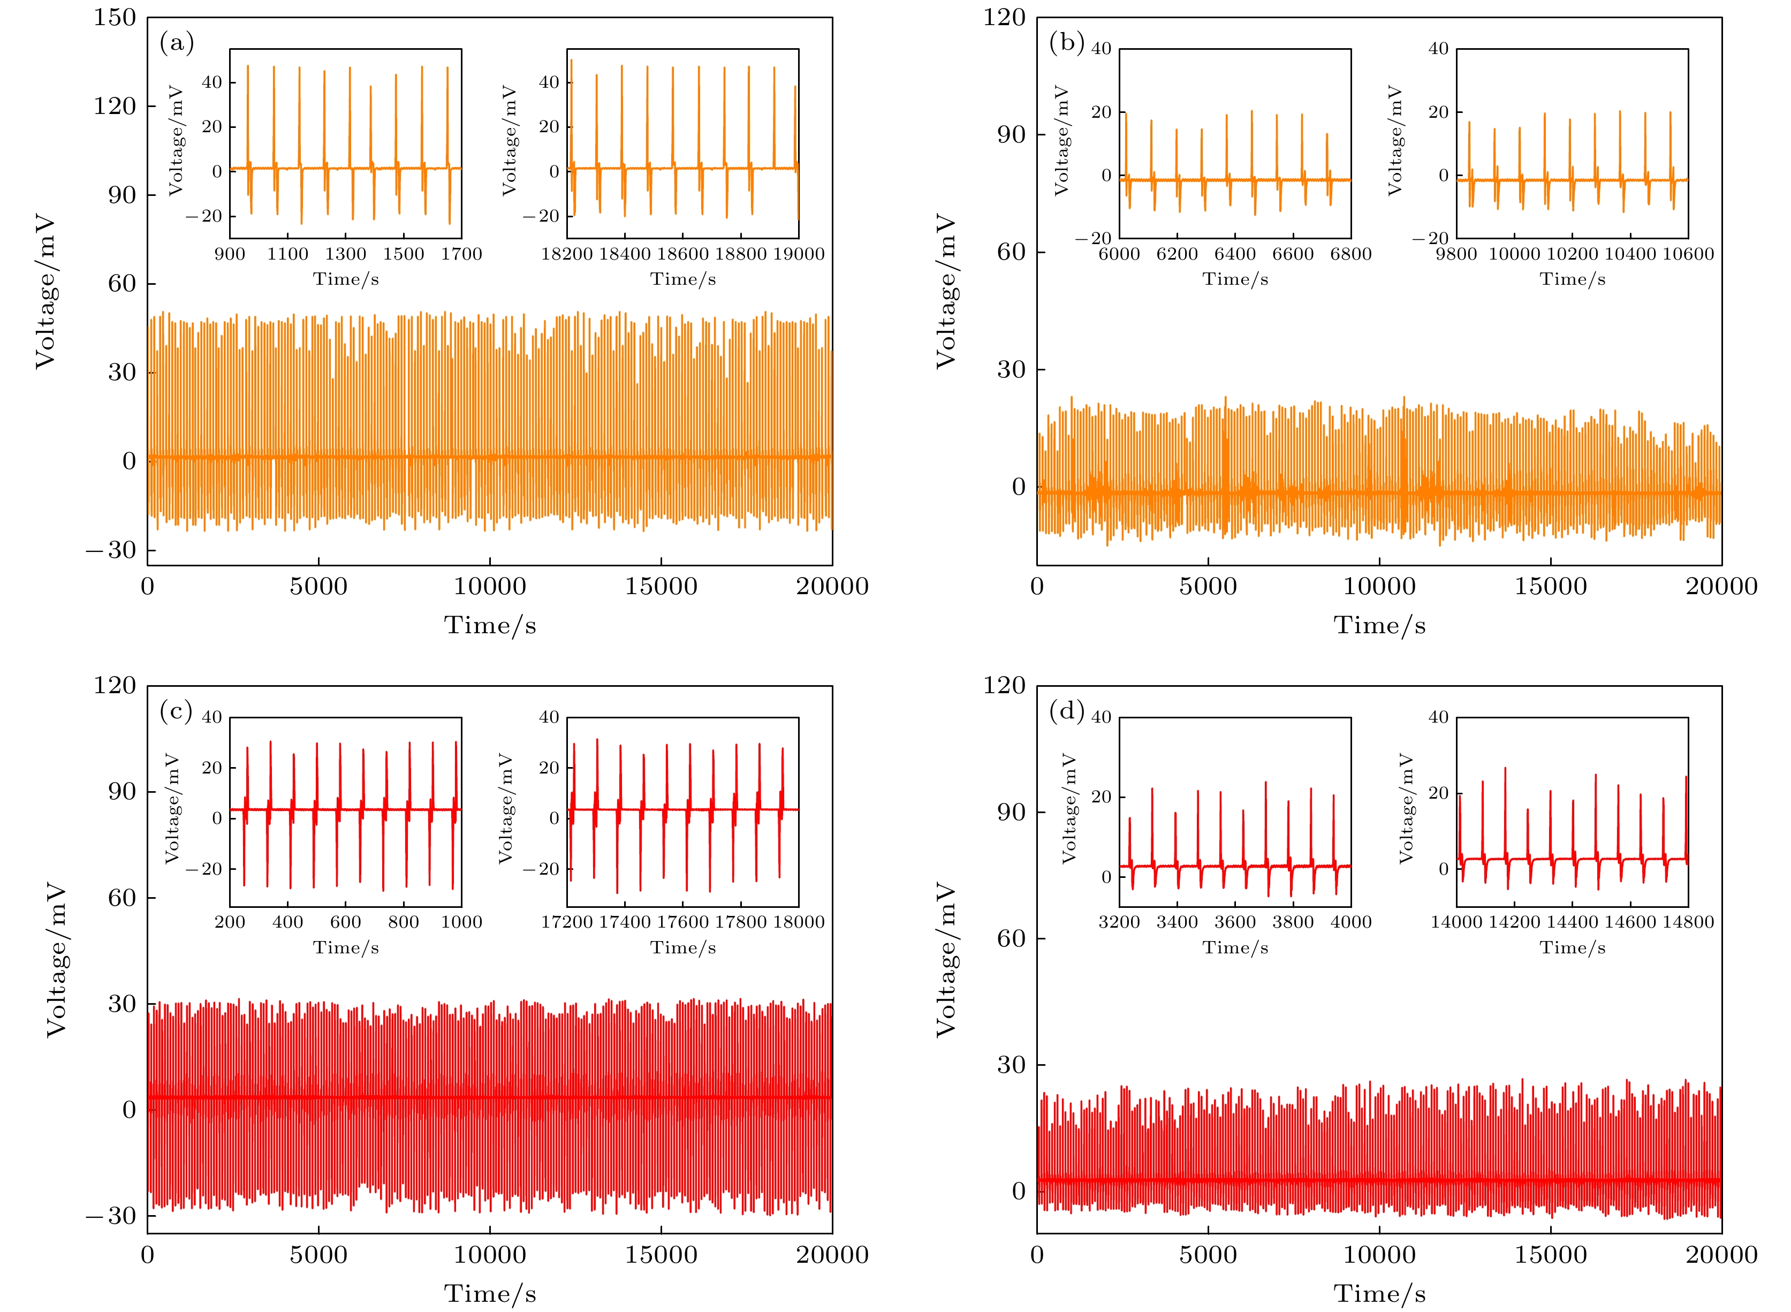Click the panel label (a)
pos(176,42)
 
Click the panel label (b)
pos(1066,42)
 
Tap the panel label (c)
pos(176,711)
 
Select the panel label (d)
pos(1066,711)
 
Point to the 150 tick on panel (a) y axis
pos(115,18)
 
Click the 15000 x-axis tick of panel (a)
pos(661,587)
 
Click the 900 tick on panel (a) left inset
pos(230,254)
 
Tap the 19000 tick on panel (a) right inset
pos(798,254)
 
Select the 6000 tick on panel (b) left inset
pos(1119,254)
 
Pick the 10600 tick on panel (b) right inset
pos(1688,254)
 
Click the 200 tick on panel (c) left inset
pos(230,922)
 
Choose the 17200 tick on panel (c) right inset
pos(567,922)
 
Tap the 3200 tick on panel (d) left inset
pos(1119,922)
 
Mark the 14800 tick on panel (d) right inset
pos(1688,922)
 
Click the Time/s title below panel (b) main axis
pos(1379,626)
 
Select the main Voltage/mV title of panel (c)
pos(56,959)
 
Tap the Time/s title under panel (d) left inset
pos(1235,947)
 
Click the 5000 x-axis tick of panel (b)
pos(1208,587)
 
